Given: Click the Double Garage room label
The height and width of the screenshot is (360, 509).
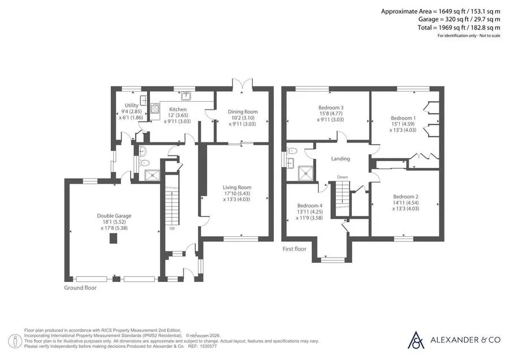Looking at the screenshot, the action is tap(114, 216).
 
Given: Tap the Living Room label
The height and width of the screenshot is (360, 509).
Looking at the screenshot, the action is tap(236, 187).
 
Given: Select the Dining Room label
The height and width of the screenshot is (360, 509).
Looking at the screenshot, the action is tap(243, 111).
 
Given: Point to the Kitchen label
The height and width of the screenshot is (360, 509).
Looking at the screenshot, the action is tap(178, 109).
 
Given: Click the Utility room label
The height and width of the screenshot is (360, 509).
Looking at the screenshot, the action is tap(131, 105).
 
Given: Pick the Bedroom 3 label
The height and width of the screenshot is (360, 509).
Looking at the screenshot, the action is tap(331, 107).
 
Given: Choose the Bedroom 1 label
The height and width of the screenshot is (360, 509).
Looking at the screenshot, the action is tap(403, 118).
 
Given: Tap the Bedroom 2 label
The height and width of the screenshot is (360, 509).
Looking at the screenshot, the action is tap(406, 197).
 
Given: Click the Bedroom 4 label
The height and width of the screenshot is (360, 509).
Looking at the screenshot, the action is tap(310, 206).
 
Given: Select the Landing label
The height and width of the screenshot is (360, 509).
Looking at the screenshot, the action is tap(340, 159).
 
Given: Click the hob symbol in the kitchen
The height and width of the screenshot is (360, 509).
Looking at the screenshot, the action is tap(155, 108).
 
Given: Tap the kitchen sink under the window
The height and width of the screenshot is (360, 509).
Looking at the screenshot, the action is tap(186, 96).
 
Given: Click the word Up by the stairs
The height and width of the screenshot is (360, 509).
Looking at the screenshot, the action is tap(172, 228).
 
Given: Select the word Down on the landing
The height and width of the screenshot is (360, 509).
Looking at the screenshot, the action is tap(342, 177).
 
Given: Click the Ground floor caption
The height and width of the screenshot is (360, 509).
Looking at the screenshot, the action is tap(80, 288).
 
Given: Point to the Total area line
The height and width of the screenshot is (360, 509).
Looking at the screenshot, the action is tap(459, 28).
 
